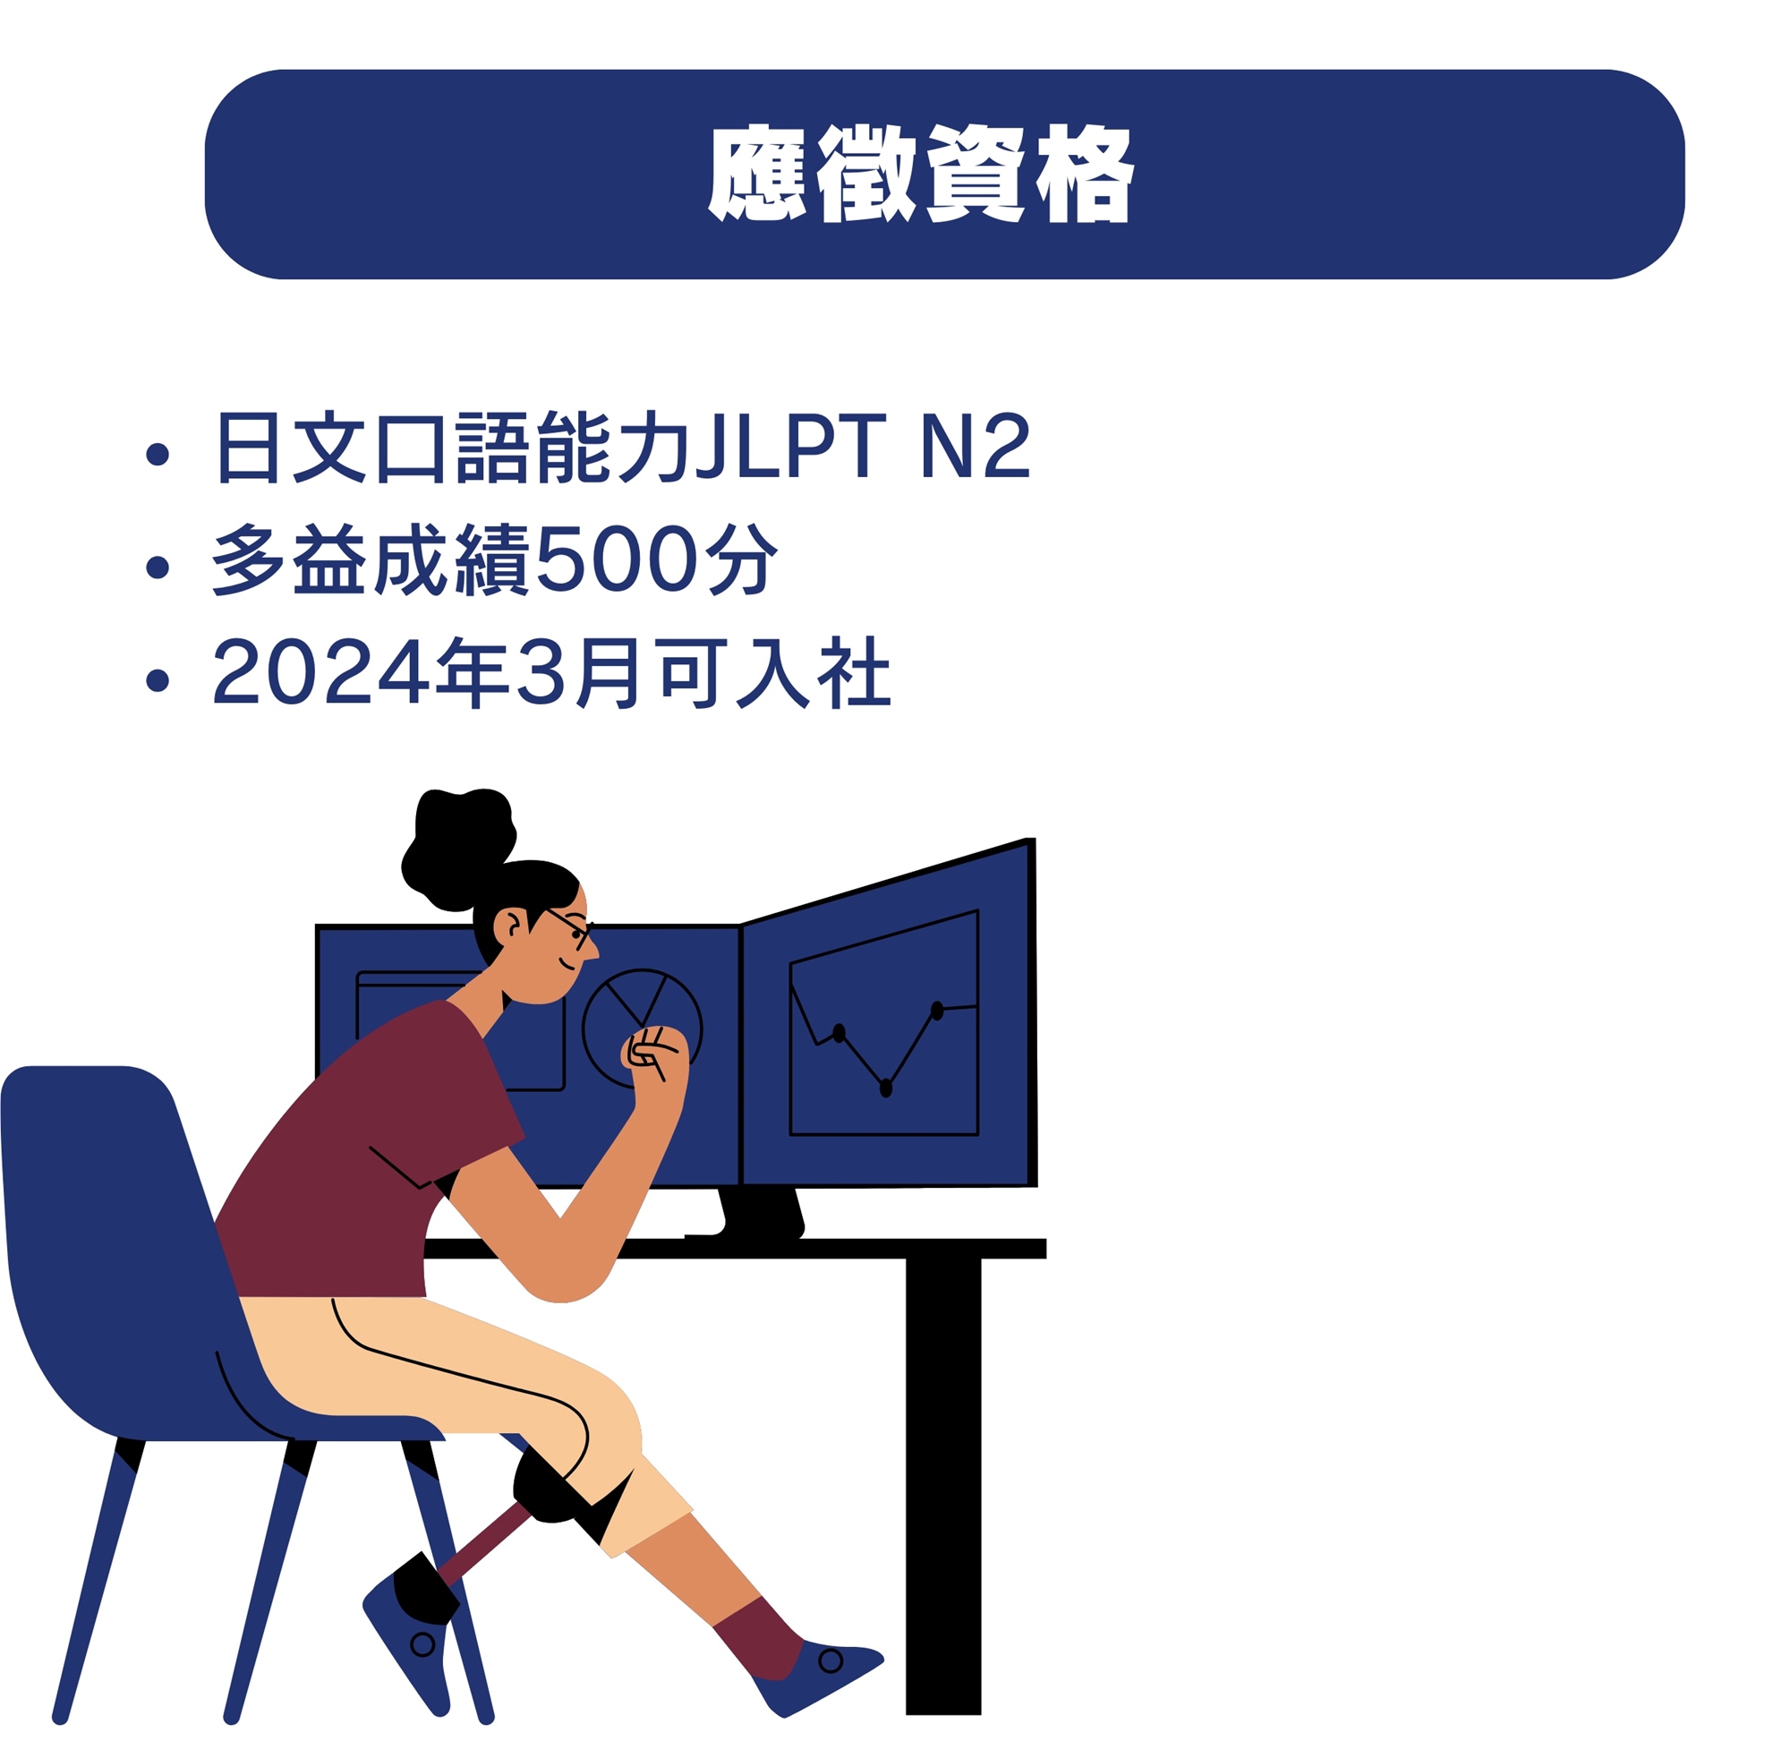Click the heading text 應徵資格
(921, 174)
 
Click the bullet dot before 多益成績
(158, 567)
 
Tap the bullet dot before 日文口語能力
(158, 454)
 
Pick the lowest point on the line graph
(885, 1088)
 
